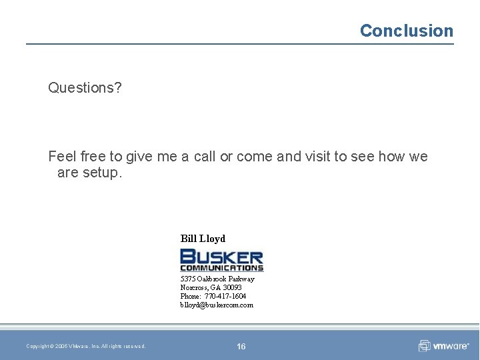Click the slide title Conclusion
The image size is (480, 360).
406,31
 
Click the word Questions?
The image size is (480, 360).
85,87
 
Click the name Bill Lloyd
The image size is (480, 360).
203,238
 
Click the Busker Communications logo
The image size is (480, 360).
222,259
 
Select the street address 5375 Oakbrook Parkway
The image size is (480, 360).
217,279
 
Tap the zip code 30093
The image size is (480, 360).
232,287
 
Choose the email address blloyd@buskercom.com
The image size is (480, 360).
217,305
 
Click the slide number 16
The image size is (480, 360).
241,346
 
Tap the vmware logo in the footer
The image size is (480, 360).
443,346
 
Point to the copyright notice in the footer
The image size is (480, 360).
86,346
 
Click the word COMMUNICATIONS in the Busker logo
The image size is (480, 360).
222,268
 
